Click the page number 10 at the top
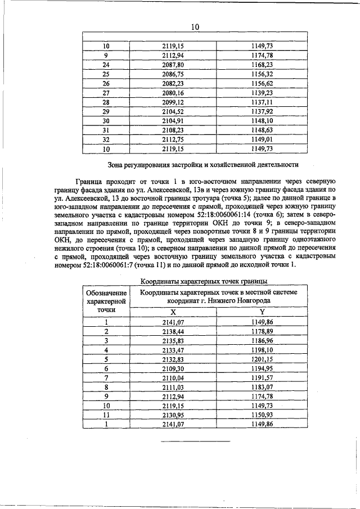coord(195,26)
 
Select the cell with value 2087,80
coord(173,64)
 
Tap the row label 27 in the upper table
coord(106,92)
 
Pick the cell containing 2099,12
coord(173,102)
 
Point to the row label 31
coord(106,130)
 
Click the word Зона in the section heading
coord(116,165)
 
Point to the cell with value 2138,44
coord(173,331)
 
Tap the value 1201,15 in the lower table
coord(262,359)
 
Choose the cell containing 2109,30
coord(173,368)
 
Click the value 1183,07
coord(262,387)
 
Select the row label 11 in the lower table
coord(106,415)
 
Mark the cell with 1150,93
coord(262,415)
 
